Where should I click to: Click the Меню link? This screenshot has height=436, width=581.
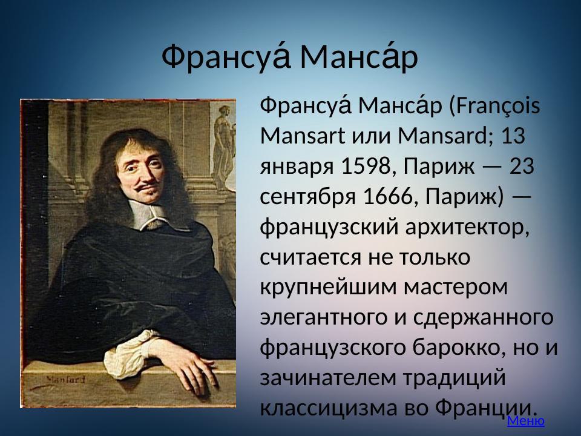point(525,421)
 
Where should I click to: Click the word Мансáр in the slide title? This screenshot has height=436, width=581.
point(358,58)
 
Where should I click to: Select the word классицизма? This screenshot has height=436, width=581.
point(327,408)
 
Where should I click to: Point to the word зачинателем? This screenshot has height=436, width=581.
point(327,378)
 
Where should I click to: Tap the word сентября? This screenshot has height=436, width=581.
point(307,197)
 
